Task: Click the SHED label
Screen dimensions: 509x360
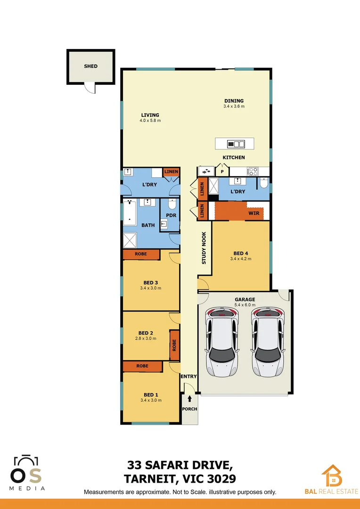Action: click(x=91, y=66)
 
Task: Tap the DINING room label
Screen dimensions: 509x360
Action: click(x=234, y=101)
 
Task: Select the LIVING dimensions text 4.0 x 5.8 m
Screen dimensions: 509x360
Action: click(x=150, y=121)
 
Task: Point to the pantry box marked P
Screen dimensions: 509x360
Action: click(x=221, y=172)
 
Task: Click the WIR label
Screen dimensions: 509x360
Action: click(x=253, y=213)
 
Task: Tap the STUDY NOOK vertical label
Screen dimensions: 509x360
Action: click(x=204, y=247)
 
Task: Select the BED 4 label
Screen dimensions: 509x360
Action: click(x=240, y=253)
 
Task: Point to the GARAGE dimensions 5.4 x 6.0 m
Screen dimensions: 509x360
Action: click(x=245, y=305)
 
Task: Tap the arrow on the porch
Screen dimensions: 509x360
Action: click(x=189, y=399)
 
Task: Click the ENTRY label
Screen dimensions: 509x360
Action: click(x=188, y=376)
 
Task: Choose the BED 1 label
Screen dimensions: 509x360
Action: click(x=151, y=395)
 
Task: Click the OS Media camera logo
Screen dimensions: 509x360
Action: click(x=27, y=471)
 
